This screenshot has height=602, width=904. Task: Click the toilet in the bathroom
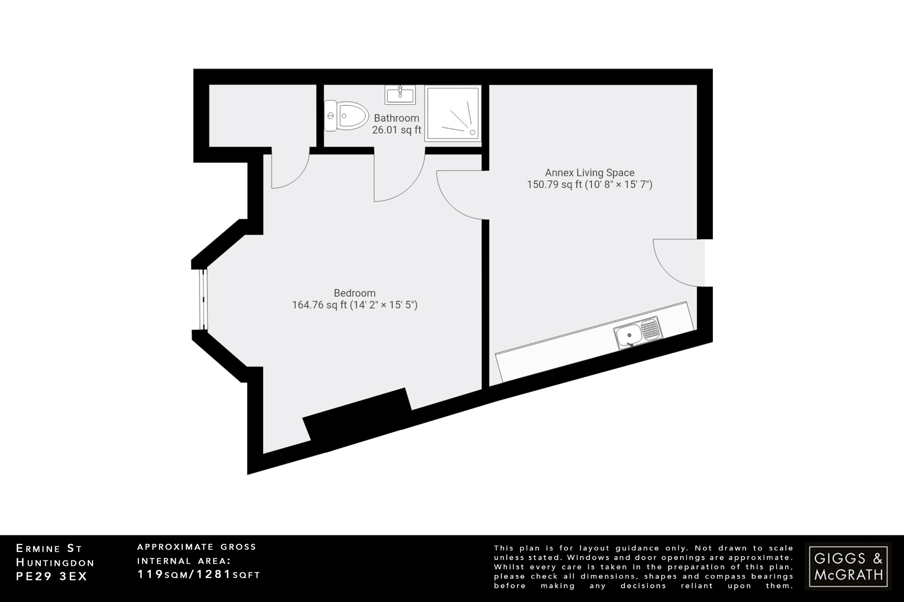pyautogui.click(x=346, y=116)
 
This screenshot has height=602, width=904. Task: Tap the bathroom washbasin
pyautogui.click(x=400, y=94)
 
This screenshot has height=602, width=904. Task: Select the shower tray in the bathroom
pyautogui.click(x=452, y=113)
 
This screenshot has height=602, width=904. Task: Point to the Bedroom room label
pyautogui.click(x=354, y=293)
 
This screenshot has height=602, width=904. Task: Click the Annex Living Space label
pyautogui.click(x=589, y=173)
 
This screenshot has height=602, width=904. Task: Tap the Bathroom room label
pyautogui.click(x=396, y=118)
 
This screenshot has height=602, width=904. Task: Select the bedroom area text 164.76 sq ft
pyautogui.click(x=320, y=305)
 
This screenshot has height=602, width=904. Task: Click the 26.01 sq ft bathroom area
pyautogui.click(x=396, y=130)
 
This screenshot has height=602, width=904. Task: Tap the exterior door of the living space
pyautogui.click(x=678, y=263)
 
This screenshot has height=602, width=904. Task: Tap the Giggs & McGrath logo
pyautogui.click(x=848, y=566)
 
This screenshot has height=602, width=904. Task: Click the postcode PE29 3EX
pyautogui.click(x=52, y=576)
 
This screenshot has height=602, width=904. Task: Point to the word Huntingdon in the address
pyautogui.click(x=55, y=562)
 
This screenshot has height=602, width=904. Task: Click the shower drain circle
pyautogui.click(x=473, y=131)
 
